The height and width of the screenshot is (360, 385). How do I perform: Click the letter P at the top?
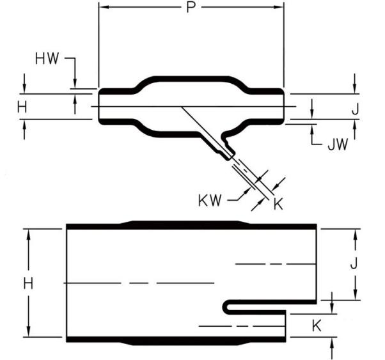point(191,8)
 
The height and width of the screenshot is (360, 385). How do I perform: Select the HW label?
point(47,59)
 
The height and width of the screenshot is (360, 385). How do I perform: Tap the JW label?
point(338,145)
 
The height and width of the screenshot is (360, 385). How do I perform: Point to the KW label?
point(210,200)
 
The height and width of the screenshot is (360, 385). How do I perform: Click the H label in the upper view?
point(22,107)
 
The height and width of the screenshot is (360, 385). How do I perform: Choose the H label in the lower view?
point(28,284)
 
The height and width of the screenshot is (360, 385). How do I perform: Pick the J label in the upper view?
point(355,109)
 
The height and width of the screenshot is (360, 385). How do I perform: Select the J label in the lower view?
point(354,263)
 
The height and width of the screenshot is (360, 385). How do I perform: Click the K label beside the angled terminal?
point(278,203)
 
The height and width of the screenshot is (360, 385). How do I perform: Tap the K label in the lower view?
point(317,326)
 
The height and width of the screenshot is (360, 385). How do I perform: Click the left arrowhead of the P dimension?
point(104,7)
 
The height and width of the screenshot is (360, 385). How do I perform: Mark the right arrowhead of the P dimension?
point(279,7)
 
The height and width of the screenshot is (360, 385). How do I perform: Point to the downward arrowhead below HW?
point(75,84)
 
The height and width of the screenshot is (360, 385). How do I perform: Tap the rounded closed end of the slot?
point(225,307)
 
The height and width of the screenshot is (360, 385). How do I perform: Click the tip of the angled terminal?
point(228,159)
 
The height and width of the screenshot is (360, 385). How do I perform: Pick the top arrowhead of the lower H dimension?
point(29,234)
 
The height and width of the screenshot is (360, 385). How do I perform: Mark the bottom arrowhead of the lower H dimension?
point(29,332)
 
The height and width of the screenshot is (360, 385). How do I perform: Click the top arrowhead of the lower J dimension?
point(356,234)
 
